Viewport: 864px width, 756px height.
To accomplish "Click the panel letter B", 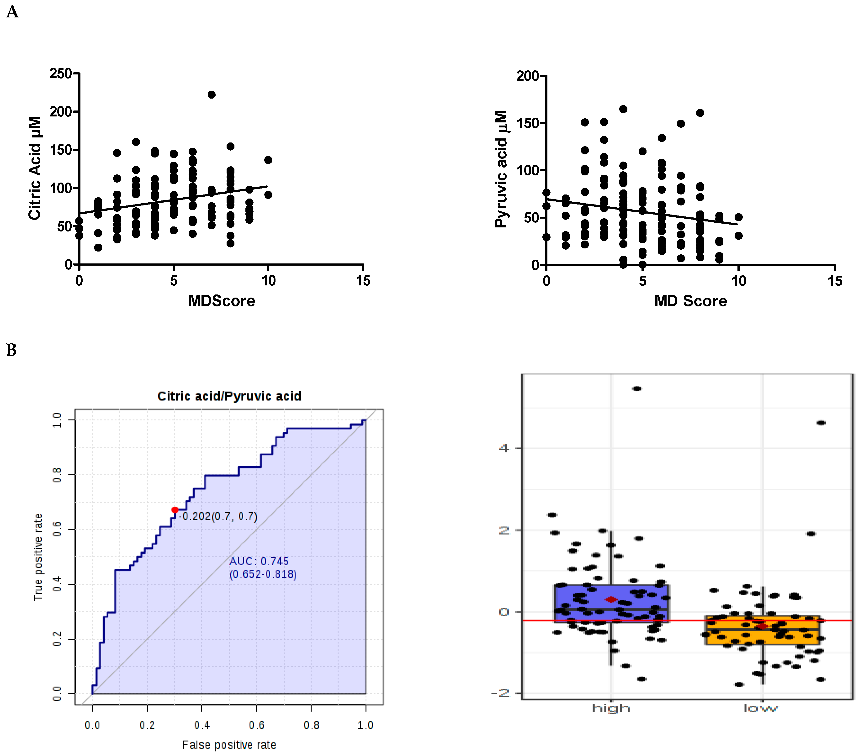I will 11,350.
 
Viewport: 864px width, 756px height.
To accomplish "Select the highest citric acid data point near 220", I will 212,94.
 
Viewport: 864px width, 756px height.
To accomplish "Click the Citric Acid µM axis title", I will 35,168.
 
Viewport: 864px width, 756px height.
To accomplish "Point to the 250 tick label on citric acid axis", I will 61,73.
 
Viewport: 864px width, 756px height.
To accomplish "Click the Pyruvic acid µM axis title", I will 501,170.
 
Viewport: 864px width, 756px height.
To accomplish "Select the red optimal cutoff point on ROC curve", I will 175,510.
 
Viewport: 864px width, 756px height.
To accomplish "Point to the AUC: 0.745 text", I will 259,561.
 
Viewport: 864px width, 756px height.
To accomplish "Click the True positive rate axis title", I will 38,557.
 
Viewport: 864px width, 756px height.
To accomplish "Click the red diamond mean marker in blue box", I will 611,599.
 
